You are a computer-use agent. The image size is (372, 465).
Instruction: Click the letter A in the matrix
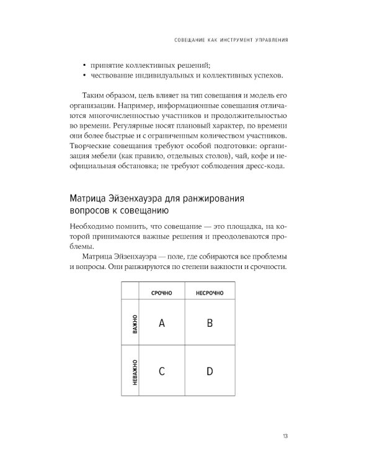pyautogui.click(x=161, y=322)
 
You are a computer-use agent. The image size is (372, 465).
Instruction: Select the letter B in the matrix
pyautogui.click(x=210, y=322)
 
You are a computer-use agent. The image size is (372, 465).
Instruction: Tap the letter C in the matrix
pyautogui.click(x=161, y=371)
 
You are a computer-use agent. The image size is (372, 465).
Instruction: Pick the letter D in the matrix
pyautogui.click(x=210, y=371)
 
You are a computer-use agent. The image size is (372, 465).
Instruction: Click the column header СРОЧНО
pyautogui.click(x=161, y=292)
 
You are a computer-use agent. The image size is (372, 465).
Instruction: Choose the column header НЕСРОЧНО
pyautogui.click(x=210, y=292)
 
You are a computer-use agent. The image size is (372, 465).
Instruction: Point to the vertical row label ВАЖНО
pyautogui.click(x=134, y=324)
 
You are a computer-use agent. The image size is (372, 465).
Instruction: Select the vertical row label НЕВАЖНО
pyautogui.click(x=134, y=372)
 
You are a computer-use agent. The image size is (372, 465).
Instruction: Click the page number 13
pyautogui.click(x=285, y=436)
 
